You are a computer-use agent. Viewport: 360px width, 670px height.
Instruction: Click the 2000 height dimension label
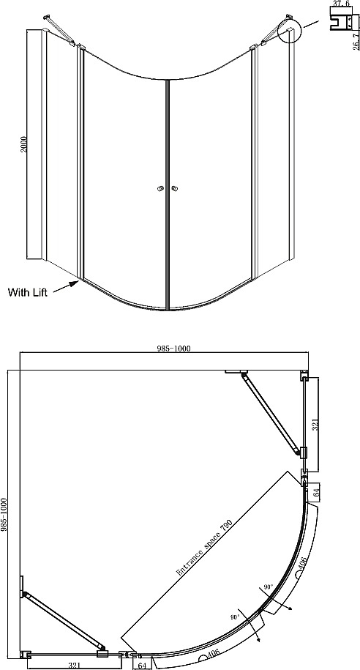tap(24, 144)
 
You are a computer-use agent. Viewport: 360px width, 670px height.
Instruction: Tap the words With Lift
tap(28, 292)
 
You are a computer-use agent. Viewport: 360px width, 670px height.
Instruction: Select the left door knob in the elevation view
tap(161, 188)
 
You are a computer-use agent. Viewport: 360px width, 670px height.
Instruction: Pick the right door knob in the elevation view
tap(174, 188)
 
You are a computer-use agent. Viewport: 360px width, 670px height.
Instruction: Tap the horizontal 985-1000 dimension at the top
tap(172, 349)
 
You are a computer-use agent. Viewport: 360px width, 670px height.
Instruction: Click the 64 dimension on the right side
tap(316, 493)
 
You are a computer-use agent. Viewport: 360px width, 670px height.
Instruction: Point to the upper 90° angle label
tap(269, 587)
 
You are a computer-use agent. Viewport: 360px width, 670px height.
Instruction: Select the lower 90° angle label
tap(234, 617)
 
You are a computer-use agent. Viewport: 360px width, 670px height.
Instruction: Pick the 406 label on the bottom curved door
tap(214, 656)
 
